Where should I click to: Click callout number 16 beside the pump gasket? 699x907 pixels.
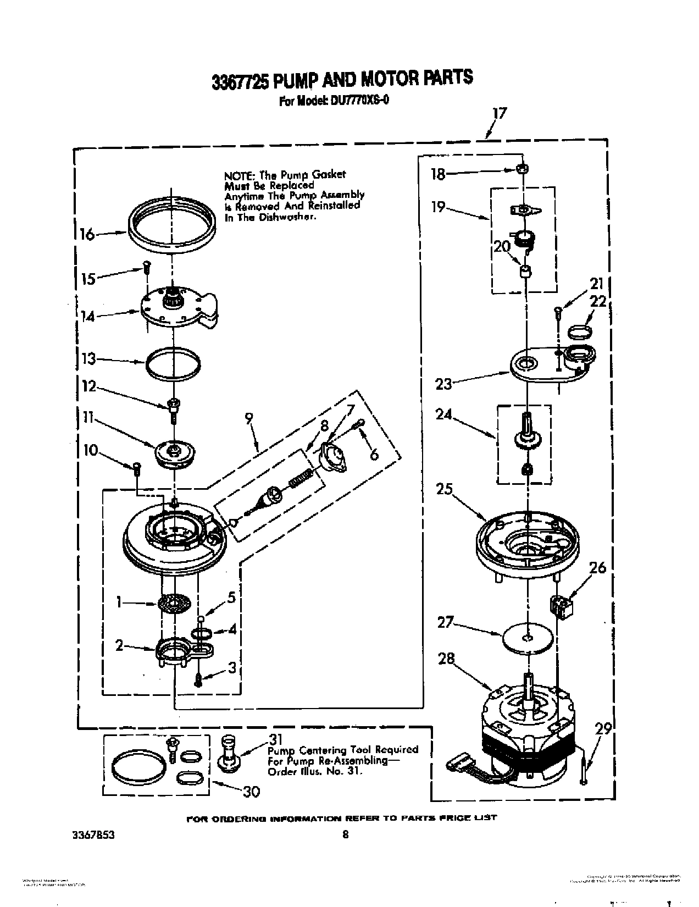[x=86, y=234]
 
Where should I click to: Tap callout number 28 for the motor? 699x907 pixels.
[x=446, y=659]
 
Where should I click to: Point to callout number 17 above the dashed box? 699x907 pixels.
[x=499, y=114]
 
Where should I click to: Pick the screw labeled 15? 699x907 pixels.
[x=146, y=269]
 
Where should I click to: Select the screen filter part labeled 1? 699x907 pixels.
[x=175, y=605]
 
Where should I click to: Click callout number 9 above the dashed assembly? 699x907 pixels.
[x=248, y=419]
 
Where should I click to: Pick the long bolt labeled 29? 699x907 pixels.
[x=585, y=770]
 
